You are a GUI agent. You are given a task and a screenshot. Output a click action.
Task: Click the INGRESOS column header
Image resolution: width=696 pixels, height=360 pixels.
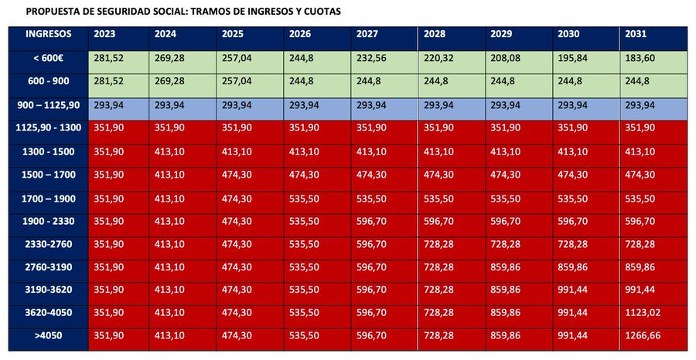tap(48, 35)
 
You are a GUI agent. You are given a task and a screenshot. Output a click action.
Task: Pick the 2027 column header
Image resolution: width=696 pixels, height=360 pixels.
tap(368, 35)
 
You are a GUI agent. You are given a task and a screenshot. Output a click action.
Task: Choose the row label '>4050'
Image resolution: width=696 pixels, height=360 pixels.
tap(48, 337)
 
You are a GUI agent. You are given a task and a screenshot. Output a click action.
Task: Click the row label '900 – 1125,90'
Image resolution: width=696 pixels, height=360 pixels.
tap(48, 105)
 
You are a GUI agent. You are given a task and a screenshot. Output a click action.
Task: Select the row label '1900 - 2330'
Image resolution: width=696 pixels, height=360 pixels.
tap(48, 220)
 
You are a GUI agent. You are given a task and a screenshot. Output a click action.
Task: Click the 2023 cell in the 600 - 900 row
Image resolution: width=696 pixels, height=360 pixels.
tap(109, 82)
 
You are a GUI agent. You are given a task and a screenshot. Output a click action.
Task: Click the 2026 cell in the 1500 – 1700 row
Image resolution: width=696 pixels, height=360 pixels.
tap(304, 175)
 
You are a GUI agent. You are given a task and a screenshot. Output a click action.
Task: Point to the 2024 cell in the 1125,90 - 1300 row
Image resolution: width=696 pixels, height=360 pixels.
tap(170, 128)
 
